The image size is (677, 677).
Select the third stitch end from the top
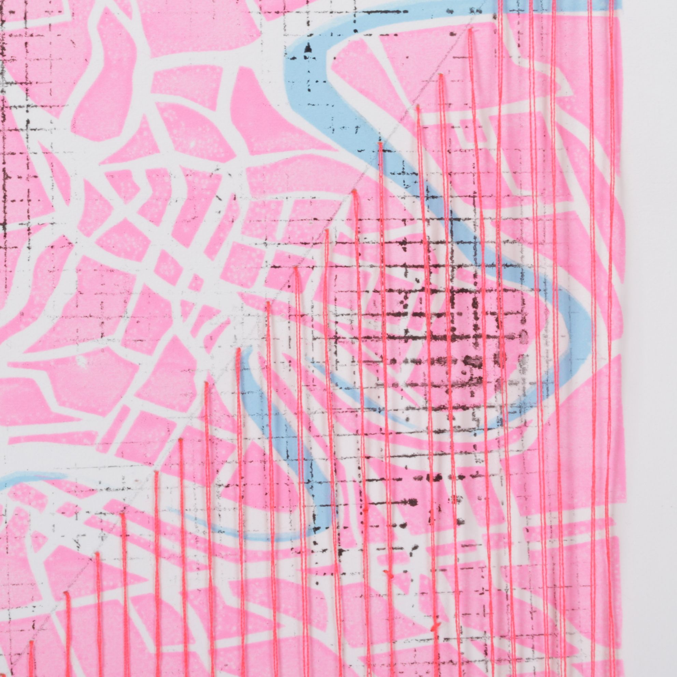tap(417, 105)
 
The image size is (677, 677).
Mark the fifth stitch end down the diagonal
tap(354, 191)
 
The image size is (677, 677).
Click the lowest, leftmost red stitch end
tap(31, 642)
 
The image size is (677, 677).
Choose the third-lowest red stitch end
tap(97, 554)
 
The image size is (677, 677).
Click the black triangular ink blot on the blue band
tap(308, 48)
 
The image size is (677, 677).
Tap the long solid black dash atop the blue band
tap(378, 12)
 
